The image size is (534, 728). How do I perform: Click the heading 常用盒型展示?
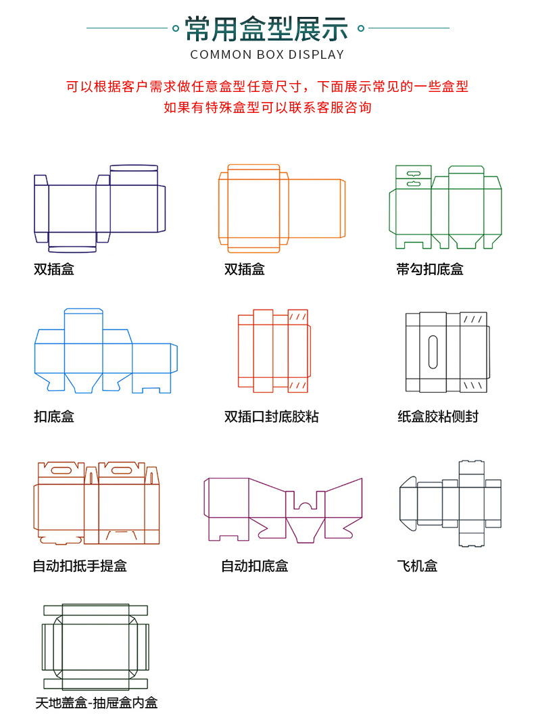(267, 29)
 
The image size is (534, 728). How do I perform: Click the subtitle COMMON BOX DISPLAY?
(267, 55)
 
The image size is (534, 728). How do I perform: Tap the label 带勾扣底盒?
(430, 269)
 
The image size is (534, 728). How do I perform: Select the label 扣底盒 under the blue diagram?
(54, 416)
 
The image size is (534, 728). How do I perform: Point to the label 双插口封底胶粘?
(271, 416)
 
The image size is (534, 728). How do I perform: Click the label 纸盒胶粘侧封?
(438, 416)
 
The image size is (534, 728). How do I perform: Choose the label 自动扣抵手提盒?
(80, 566)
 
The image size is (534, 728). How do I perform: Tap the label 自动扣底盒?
(254, 566)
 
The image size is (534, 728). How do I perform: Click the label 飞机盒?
(417, 566)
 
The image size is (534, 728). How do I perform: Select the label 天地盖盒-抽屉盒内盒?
(96, 703)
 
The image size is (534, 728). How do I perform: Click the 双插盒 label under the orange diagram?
(245, 269)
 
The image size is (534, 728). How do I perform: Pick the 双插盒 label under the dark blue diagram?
(54, 269)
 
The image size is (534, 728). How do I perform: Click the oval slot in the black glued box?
(433, 352)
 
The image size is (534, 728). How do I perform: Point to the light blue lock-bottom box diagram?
(105, 351)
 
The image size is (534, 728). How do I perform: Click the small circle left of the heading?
(176, 28)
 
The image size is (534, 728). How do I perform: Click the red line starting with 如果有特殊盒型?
(267, 107)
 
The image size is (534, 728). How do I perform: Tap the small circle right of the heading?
(361, 28)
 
